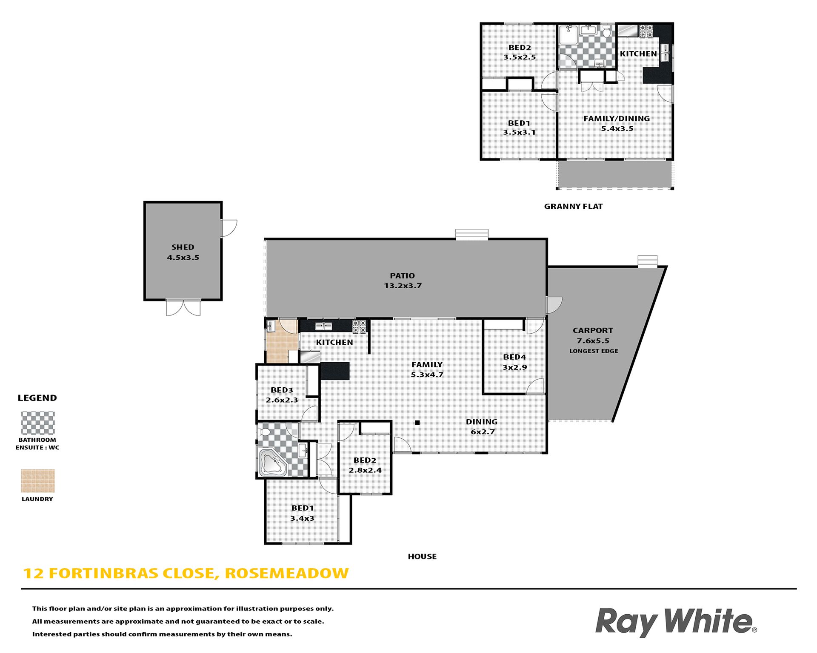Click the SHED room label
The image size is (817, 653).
tap(183, 247)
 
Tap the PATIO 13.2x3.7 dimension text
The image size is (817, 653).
tap(403, 286)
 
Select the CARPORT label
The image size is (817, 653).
tap(593, 330)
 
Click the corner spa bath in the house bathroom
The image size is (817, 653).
tap(272, 463)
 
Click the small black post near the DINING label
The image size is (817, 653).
tap(417, 423)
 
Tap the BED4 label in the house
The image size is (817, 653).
tap(514, 357)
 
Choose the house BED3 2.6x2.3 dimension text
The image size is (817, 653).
tap(282, 400)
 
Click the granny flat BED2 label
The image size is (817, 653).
tap(520, 48)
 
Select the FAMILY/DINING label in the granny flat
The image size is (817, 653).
tap(617, 119)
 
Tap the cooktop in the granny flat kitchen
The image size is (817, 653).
tap(646, 31)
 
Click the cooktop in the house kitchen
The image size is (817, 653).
tap(359, 326)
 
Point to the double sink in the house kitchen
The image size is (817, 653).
tap(323, 326)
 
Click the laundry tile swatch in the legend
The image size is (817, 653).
tap(38, 481)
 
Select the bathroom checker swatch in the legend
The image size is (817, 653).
tap(38, 423)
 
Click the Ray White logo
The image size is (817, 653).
tap(676, 622)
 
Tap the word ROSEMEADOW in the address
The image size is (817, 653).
tap(287, 573)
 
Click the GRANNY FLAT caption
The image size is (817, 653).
tap(573, 206)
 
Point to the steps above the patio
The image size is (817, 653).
tap(472, 234)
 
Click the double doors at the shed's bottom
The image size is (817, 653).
tap(183, 307)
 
